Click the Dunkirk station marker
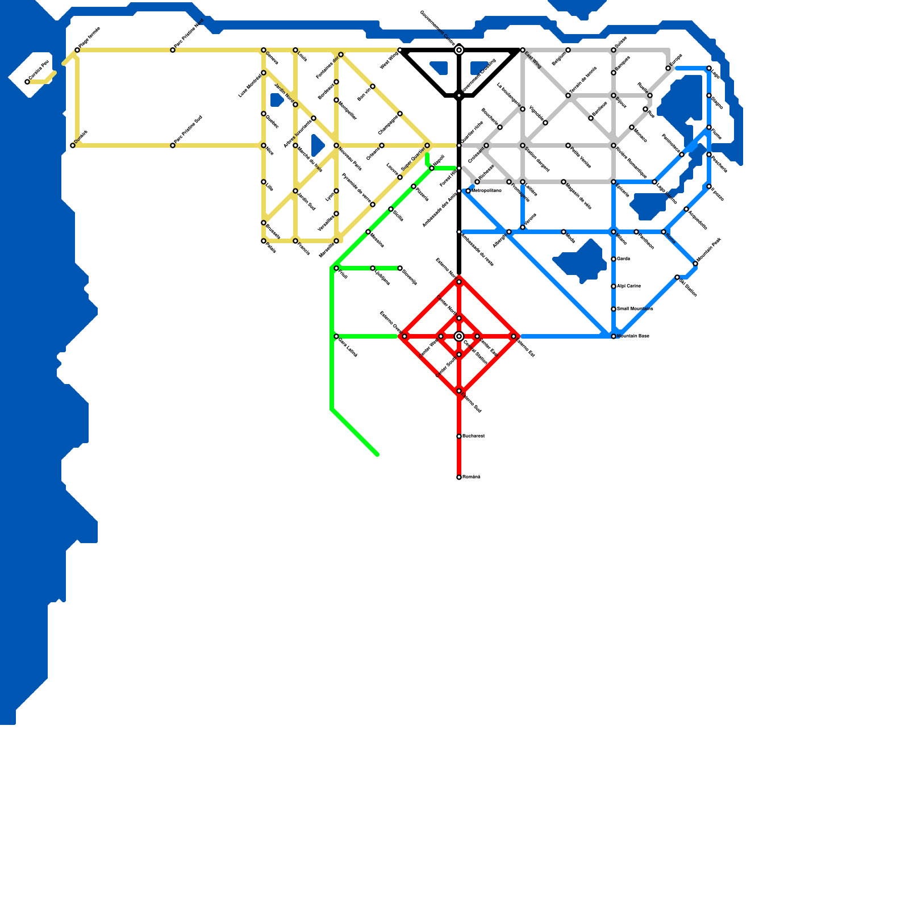[x=73, y=145]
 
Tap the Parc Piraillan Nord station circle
[x=173, y=50]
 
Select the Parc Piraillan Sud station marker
[x=173, y=145]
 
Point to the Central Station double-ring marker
[x=459, y=336]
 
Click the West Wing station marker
[x=400, y=50]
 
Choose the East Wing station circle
[x=523, y=50]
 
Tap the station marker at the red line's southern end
[x=459, y=477]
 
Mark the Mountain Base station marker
[x=614, y=336]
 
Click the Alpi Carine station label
[x=629, y=286]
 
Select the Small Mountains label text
[x=635, y=308]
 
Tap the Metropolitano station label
[x=486, y=190]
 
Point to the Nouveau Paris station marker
[x=336, y=145]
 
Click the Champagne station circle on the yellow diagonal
[x=400, y=114]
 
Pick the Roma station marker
[x=664, y=232]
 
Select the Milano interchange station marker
[x=614, y=232]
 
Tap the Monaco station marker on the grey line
[x=632, y=127]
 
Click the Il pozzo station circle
[x=709, y=186]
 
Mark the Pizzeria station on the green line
[x=414, y=186]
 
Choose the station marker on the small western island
[x=27, y=82]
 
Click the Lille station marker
[x=264, y=182]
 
